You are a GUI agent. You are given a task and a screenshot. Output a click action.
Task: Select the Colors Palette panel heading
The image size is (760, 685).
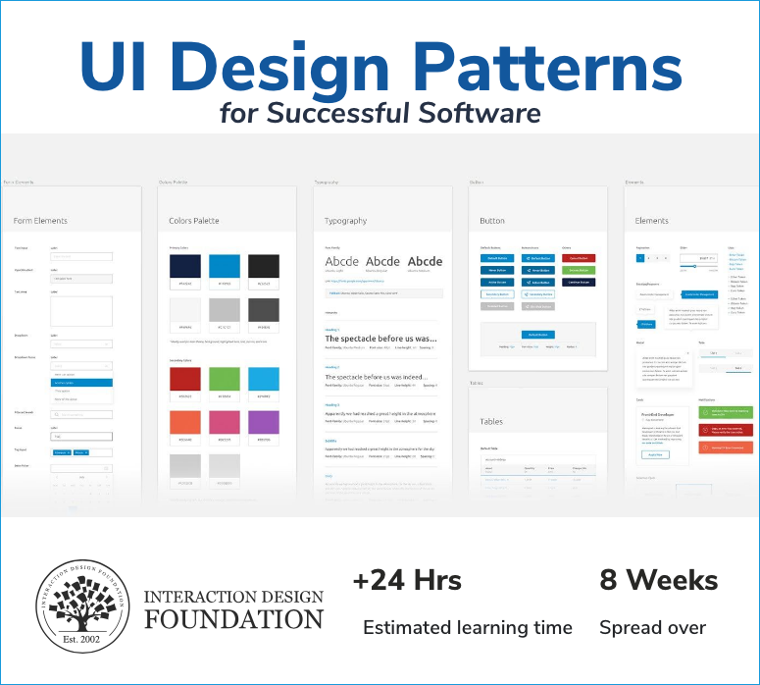coord(194,221)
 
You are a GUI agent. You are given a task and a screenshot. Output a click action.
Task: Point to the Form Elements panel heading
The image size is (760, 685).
coord(40,221)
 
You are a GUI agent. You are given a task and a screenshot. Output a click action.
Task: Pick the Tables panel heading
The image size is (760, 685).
coord(491,421)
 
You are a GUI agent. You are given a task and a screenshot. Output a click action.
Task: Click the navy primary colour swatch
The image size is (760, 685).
coord(185,267)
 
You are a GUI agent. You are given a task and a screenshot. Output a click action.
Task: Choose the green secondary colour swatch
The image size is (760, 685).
coord(225,380)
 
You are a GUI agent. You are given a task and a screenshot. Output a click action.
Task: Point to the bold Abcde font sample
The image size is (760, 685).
coord(425,262)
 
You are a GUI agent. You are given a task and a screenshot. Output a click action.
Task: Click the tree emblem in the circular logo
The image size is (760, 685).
coord(81,605)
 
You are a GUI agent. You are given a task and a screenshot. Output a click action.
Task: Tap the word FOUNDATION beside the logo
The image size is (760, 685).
coord(233,619)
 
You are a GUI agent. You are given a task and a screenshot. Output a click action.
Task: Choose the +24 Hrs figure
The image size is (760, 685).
coord(407,580)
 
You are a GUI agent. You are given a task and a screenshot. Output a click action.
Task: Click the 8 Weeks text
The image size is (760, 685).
coord(658,580)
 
